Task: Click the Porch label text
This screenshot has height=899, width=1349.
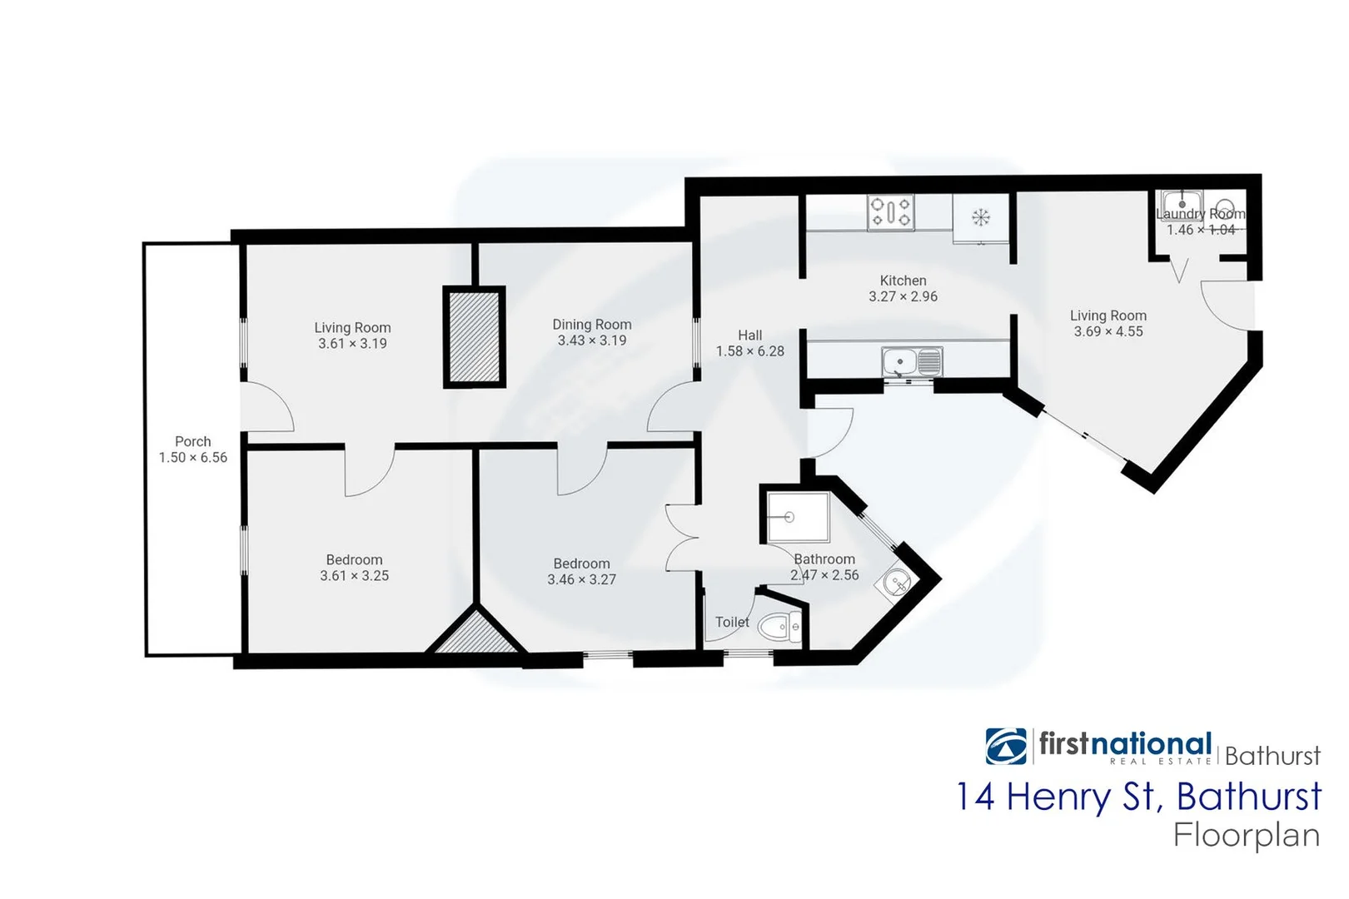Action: (192, 441)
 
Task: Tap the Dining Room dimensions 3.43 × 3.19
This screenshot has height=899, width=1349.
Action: (591, 340)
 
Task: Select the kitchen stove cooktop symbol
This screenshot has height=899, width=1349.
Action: (890, 212)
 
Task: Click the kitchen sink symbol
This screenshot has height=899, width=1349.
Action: (912, 362)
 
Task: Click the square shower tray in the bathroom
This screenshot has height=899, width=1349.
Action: (798, 517)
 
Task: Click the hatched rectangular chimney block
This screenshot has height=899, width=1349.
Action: (474, 336)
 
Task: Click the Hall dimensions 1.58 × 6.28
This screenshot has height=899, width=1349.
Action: (749, 351)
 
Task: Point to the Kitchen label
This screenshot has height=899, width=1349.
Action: (903, 281)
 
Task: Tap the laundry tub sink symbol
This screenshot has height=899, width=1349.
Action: (1182, 203)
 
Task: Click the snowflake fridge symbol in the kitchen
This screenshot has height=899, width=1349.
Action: (981, 218)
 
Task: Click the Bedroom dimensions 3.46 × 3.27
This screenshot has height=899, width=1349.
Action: (581, 579)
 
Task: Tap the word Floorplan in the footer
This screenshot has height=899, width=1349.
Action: (1247, 835)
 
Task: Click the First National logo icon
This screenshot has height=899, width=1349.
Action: (1006, 746)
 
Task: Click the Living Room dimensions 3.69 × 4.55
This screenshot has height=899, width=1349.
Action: (1108, 331)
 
